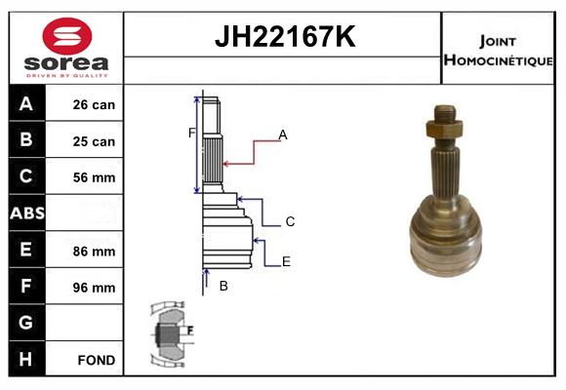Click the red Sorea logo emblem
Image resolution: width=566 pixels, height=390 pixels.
[x=67, y=36]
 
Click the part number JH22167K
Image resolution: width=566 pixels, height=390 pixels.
[x=285, y=36]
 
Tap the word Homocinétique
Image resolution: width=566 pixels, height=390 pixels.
[x=498, y=59]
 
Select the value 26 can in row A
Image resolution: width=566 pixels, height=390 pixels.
[x=94, y=104]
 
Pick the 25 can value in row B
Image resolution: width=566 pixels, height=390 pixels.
[x=94, y=141]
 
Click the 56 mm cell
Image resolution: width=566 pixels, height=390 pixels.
[x=94, y=177]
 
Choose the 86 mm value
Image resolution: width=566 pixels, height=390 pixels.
[x=94, y=252]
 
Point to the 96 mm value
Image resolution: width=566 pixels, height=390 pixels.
[x=94, y=288]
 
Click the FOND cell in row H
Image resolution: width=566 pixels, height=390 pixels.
[x=97, y=360]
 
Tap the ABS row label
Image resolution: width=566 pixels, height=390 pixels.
[x=27, y=213]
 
